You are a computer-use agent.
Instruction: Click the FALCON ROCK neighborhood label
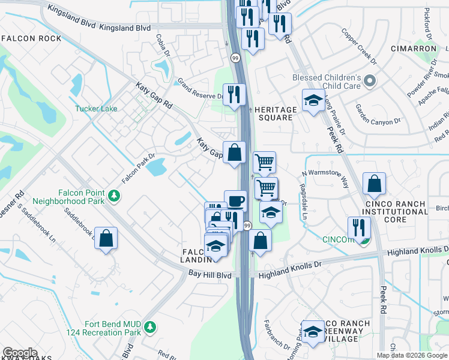pyautogui.click(x=31, y=38)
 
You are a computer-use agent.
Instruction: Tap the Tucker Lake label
pyautogui.click(x=96, y=109)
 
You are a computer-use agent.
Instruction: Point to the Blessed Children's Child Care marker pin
pyautogui.click(x=369, y=81)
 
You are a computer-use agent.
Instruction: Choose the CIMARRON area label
pyautogui.click(x=413, y=48)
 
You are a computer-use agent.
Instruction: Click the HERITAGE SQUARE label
pyautogui.click(x=276, y=114)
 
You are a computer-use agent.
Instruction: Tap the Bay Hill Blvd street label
pyautogui.click(x=210, y=275)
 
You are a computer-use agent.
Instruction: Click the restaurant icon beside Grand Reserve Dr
pyautogui.click(x=235, y=94)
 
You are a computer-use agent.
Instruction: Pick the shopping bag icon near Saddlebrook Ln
pyautogui.click(x=106, y=238)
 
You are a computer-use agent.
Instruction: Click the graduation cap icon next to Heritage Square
pyautogui.click(x=313, y=100)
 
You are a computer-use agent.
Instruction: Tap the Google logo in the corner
pyautogui.click(x=20, y=353)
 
